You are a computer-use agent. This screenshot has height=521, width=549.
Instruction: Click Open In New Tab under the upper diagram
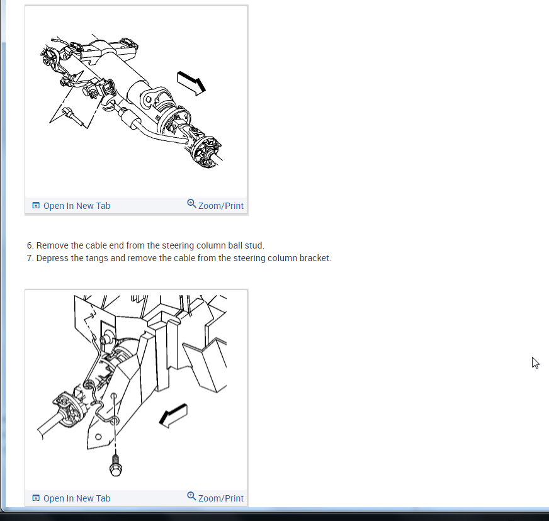(x=77, y=206)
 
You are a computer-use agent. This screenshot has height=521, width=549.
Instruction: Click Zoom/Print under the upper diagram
(x=220, y=206)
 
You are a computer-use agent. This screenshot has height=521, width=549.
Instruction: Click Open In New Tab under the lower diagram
(x=77, y=498)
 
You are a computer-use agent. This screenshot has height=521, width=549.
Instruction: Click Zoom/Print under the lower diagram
(x=220, y=498)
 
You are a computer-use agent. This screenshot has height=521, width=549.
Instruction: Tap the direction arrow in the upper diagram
(x=191, y=83)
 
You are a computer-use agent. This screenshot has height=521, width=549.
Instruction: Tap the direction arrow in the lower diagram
(x=173, y=416)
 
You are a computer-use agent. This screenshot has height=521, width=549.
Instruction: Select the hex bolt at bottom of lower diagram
(x=116, y=466)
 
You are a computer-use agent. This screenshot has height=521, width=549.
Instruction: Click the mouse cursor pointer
(x=535, y=363)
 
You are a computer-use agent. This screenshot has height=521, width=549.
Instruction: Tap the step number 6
(x=30, y=245)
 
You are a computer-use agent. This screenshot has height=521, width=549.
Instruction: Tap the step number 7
(x=30, y=258)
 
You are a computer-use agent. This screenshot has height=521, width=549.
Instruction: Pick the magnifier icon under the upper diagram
(x=191, y=204)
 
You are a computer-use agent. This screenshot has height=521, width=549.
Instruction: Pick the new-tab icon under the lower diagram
(x=36, y=498)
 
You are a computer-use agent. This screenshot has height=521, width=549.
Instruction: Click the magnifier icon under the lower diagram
(x=191, y=496)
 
